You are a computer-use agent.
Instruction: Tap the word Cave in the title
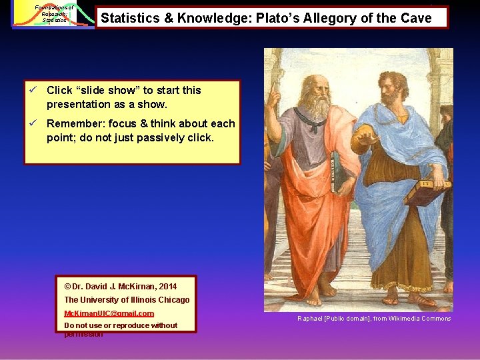tap(415, 18)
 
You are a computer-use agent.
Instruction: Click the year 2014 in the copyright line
tap(168, 287)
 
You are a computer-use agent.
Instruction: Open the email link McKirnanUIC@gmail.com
tap(109, 313)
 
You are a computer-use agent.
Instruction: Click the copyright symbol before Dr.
tap(68, 287)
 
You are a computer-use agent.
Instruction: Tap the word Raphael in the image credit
tap(310, 319)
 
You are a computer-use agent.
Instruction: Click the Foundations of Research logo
tap(53, 14)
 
